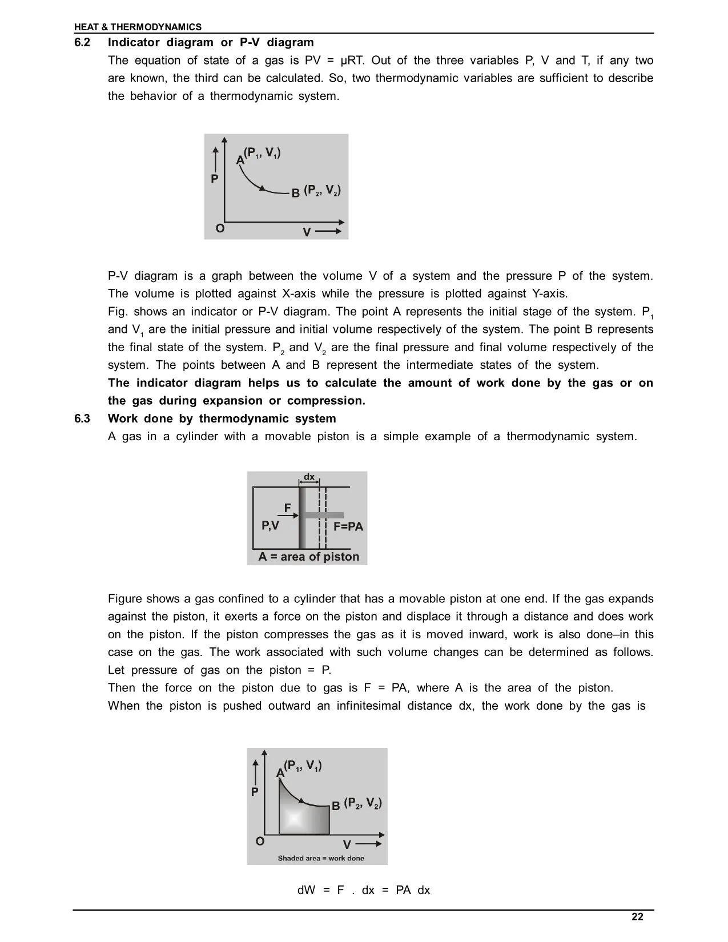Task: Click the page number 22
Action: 637,917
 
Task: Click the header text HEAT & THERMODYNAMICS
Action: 138,27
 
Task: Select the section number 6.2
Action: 82,43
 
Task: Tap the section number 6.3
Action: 82,418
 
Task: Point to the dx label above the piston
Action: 309,477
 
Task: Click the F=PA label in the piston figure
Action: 348,526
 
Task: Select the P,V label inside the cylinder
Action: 270,525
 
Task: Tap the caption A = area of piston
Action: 309,557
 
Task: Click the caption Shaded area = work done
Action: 321,858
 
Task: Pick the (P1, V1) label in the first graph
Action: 262,153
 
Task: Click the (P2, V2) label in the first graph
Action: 322,190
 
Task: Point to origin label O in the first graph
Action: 220,229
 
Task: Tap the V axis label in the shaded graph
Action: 347,844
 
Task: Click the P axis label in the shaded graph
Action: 255,792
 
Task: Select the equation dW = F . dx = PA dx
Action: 364,890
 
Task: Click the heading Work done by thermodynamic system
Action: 222,418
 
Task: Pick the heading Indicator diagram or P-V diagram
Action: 211,43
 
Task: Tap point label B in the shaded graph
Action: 336,805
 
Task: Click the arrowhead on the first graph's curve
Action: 263,188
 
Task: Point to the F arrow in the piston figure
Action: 291,516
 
